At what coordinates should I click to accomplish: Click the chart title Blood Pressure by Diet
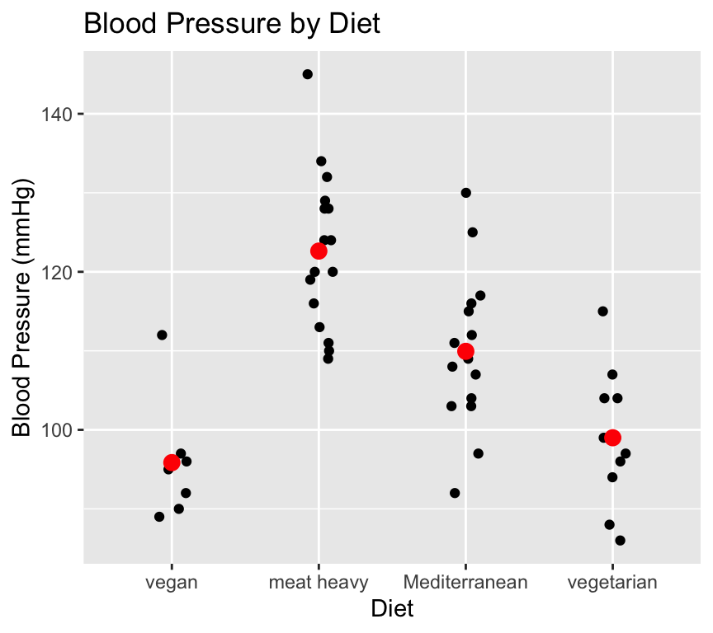[232, 24]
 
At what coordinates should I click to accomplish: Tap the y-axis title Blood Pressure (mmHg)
[22, 307]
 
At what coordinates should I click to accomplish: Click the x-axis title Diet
[392, 610]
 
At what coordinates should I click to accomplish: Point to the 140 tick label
[56, 114]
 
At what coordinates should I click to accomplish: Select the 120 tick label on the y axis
[56, 272]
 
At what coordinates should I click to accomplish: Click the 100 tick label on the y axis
[56, 430]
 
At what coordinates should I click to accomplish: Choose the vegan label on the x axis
[171, 584]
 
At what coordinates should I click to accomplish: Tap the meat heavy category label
[319, 584]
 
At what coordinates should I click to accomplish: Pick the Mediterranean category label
[465, 584]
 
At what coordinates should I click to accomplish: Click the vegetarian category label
[612, 584]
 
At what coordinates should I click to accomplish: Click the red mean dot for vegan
[172, 462]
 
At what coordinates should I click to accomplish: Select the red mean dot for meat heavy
[319, 251]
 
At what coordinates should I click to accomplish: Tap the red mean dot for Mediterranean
[465, 351]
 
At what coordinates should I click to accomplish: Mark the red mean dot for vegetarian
[612, 438]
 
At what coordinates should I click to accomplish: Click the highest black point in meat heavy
[308, 74]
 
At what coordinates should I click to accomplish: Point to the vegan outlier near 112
[162, 335]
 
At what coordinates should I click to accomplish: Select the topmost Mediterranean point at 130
[465, 193]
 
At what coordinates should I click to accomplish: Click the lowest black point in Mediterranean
[455, 493]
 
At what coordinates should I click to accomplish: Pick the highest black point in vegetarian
[603, 312]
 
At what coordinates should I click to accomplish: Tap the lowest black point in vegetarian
[620, 541]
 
